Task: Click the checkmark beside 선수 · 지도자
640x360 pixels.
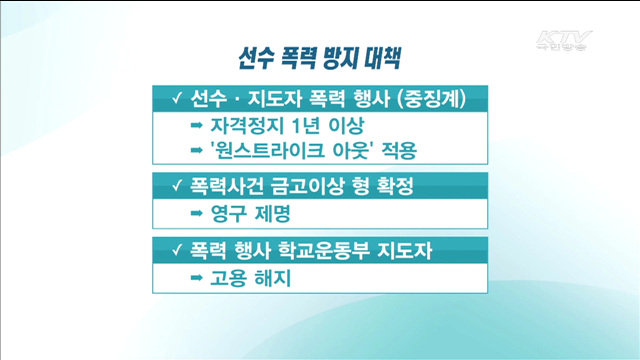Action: pos(175,99)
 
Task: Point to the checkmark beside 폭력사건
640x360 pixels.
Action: pos(175,186)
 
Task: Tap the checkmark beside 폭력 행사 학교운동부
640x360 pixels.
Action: pos(175,246)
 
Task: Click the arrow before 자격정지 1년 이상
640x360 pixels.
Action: pos(196,127)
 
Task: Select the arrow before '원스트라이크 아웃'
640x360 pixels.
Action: pos(196,152)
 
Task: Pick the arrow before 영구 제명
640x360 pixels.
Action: pos(196,213)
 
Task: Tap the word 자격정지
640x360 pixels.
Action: pos(246,127)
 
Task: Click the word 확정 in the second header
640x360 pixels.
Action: pos(390,186)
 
